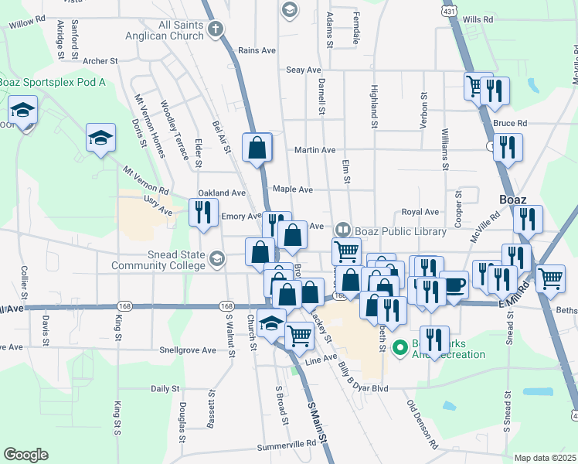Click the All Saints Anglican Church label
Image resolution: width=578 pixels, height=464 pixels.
(181, 30)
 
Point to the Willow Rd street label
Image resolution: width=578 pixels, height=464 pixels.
(26, 23)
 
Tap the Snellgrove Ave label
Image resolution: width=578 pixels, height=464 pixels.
(189, 350)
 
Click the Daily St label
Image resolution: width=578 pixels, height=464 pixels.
(165, 388)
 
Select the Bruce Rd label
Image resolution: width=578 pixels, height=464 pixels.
(509, 123)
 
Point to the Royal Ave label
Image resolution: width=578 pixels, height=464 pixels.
(420, 212)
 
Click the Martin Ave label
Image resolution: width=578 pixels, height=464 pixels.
(315, 150)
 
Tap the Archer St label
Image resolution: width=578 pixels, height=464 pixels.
(100, 60)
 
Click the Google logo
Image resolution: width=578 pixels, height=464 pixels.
(25, 455)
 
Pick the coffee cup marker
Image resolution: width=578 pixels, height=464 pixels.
(454, 284)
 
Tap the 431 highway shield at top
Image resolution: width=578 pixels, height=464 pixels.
(449, 13)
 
